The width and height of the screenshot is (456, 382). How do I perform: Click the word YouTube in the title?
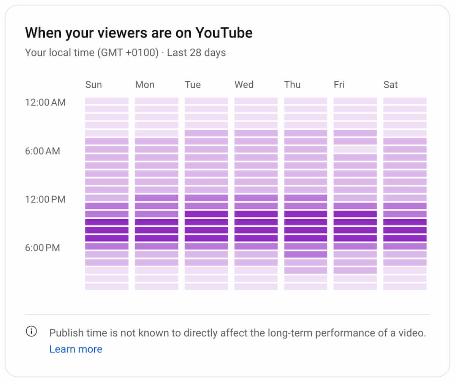(223, 33)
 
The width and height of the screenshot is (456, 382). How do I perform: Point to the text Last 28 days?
(196, 52)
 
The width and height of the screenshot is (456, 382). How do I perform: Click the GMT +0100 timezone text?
(127, 52)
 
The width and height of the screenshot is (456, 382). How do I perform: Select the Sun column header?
(93, 84)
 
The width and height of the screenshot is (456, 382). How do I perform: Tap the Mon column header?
(144, 84)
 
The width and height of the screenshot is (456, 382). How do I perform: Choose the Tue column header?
(193, 84)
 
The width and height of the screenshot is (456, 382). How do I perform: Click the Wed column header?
(244, 84)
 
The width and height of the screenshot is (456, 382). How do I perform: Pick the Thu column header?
(292, 84)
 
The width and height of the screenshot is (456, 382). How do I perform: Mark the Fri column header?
(339, 84)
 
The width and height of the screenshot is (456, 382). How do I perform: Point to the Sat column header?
(390, 84)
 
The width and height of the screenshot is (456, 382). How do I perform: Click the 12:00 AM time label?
(45, 102)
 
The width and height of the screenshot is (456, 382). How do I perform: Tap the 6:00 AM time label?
(43, 151)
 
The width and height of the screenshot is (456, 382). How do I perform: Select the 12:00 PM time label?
(45, 199)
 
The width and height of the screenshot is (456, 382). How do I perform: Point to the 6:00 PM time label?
(43, 248)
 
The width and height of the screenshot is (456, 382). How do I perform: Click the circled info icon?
(31, 331)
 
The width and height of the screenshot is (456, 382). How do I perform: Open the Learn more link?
(76, 349)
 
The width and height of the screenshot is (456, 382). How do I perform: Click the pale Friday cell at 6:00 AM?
(355, 149)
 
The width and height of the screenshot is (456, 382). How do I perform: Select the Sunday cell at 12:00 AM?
(107, 101)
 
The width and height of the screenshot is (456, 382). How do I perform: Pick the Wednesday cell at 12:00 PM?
(256, 198)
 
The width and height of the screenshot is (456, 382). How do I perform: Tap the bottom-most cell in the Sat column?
(405, 287)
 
